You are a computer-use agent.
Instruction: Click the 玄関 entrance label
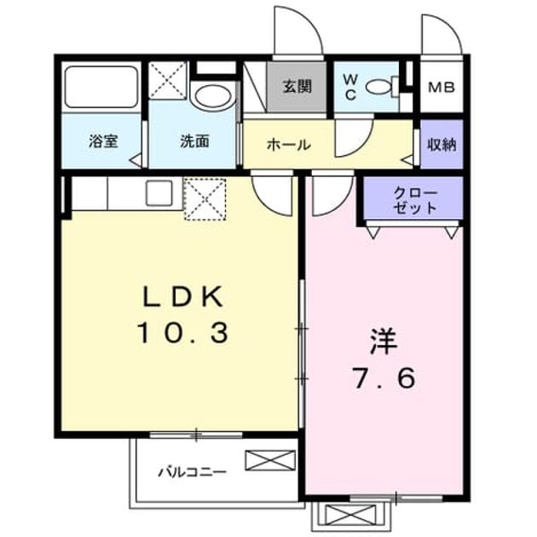pyautogui.click(x=297, y=87)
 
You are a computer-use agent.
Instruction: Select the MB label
pyautogui.click(x=442, y=88)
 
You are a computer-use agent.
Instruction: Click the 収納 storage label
pyautogui.click(x=442, y=145)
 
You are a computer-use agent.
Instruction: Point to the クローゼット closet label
pyautogui.click(x=415, y=200)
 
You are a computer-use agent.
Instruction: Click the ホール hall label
pyautogui.click(x=289, y=145)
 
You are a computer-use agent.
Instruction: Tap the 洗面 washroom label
pyautogui.click(x=194, y=141)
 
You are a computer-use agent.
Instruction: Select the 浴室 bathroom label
pyautogui.click(x=103, y=141)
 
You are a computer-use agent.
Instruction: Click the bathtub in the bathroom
pyautogui.click(x=101, y=87)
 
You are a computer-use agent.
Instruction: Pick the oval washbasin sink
pyautogui.click(x=213, y=95)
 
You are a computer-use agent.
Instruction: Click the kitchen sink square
pyautogui.click(x=159, y=193)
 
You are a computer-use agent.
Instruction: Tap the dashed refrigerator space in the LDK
pyautogui.click(x=205, y=199)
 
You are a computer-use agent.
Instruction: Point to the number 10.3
pyautogui.click(x=182, y=333)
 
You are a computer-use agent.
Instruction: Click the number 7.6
pyautogui.click(x=384, y=378)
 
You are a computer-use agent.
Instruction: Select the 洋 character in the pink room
pyautogui.click(x=384, y=342)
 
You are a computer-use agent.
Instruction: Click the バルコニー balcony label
pyautogui.click(x=192, y=472)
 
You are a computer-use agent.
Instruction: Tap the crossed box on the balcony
pyautogui.click(x=270, y=460)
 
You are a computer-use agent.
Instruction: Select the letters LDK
pyautogui.click(x=182, y=297)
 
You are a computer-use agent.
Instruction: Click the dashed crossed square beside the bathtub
pyautogui.click(x=167, y=80)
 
